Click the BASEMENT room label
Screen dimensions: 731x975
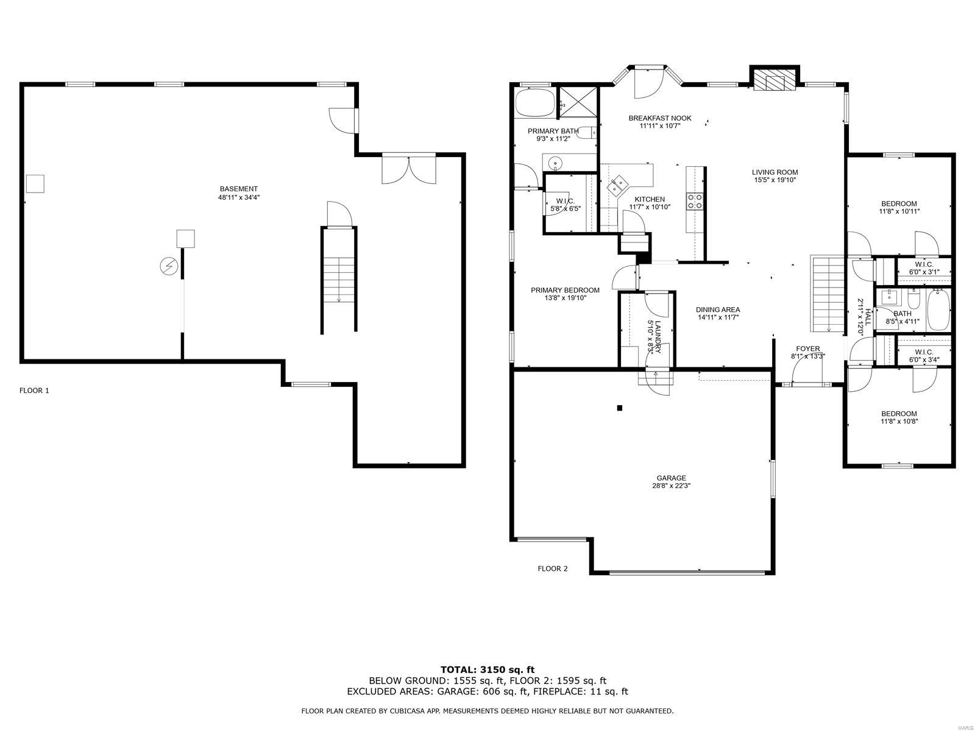pos(239,189)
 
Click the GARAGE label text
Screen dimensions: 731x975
pos(671,478)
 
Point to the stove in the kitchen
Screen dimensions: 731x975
pos(695,202)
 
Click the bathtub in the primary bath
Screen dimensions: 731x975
pos(534,102)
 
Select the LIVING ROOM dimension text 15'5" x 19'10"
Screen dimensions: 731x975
pos(775,180)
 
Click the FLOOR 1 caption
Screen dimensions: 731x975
pos(34,390)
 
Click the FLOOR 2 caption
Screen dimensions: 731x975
pos(552,568)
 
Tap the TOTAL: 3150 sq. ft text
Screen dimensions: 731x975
pos(487,669)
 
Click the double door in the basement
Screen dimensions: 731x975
pos(409,169)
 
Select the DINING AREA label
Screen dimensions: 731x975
pos(718,309)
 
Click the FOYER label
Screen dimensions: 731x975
pos(807,348)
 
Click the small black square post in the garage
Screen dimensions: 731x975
pos(620,408)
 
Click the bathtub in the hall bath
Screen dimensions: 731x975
pos(938,309)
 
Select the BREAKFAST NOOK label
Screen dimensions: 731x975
pos(659,118)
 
